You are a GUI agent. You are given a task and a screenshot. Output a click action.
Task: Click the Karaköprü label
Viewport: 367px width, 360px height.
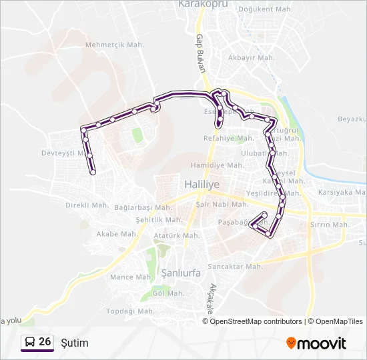tap(204, 4)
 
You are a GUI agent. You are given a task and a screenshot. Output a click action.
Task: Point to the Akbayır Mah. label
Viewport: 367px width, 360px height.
tap(252, 58)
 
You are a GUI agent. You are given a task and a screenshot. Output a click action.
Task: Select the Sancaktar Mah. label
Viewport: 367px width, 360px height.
tap(235, 266)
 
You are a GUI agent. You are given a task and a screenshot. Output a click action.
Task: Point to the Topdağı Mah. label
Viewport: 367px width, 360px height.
tap(131, 311)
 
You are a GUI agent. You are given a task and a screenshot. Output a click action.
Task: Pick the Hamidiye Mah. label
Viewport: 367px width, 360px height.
tap(217, 165)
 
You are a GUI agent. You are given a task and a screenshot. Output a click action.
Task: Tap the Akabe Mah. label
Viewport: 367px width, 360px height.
tap(117, 234)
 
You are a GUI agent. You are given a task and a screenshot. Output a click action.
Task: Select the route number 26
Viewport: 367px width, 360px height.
tap(45, 342)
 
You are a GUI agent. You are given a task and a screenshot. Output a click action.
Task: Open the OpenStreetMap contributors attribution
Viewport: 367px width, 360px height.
tap(256, 321)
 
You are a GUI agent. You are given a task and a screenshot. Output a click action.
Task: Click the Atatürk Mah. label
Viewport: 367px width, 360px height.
tap(176, 235)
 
